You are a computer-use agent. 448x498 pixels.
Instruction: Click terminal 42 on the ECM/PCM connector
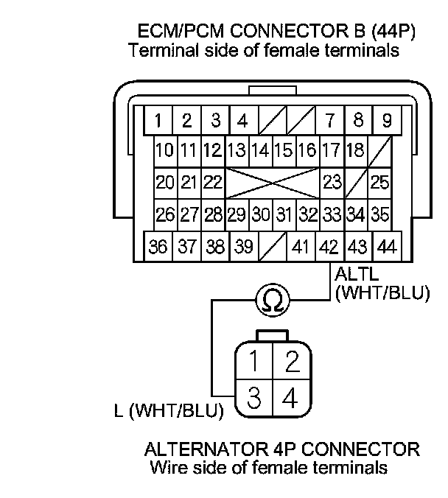click(x=329, y=246)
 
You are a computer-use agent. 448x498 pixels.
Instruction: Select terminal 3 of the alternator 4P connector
click(x=253, y=399)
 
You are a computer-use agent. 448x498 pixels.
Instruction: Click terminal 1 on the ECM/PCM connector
click(x=158, y=119)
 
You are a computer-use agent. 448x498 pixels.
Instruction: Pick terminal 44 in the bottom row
click(x=386, y=246)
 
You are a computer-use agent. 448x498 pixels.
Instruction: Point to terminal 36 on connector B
click(x=158, y=246)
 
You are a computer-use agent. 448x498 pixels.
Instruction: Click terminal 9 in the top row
click(x=386, y=119)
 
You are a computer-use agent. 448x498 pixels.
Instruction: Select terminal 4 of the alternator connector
click(x=290, y=399)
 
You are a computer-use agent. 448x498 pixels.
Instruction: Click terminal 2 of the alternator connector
click(x=290, y=362)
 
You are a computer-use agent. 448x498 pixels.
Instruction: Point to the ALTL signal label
click(x=351, y=275)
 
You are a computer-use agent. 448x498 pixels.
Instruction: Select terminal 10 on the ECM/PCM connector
click(x=165, y=151)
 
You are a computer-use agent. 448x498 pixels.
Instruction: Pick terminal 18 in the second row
click(x=355, y=151)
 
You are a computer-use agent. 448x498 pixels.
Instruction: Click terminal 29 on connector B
click(x=237, y=214)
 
